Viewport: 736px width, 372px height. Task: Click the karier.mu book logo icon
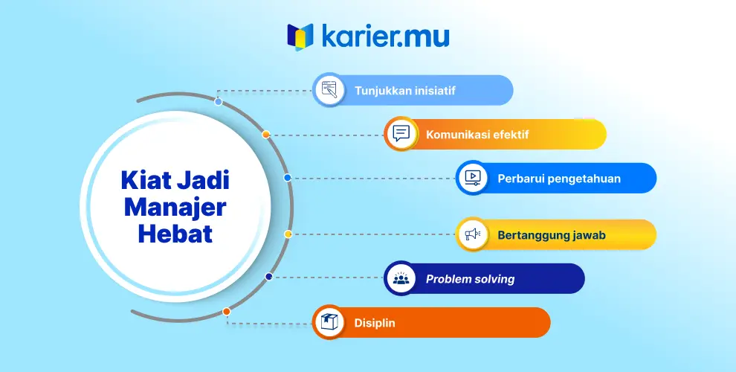[300, 36]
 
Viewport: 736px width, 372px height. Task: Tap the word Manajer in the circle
[175, 207]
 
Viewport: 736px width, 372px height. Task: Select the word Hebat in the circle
[175, 234]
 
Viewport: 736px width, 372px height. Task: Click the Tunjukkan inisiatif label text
[404, 91]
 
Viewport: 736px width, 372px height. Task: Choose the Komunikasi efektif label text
[477, 135]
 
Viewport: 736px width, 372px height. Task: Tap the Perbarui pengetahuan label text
[559, 179]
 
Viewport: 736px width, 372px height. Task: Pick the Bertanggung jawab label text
[552, 235]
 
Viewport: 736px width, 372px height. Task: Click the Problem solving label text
[470, 279]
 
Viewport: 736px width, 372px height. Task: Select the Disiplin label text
[375, 323]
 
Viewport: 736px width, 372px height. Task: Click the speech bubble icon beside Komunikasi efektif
[401, 134]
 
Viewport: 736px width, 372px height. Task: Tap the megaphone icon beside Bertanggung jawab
[473, 234]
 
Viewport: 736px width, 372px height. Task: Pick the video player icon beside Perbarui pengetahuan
[473, 178]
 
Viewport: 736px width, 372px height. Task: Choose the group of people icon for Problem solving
[401, 278]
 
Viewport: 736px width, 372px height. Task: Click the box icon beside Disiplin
[329, 322]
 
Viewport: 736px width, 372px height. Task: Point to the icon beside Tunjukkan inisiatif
[329, 90]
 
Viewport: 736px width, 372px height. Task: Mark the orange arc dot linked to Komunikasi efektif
[266, 135]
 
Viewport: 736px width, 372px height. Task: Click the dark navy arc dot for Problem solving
[269, 277]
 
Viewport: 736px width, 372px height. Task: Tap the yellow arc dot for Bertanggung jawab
[288, 234]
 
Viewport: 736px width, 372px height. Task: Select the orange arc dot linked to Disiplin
[227, 312]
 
